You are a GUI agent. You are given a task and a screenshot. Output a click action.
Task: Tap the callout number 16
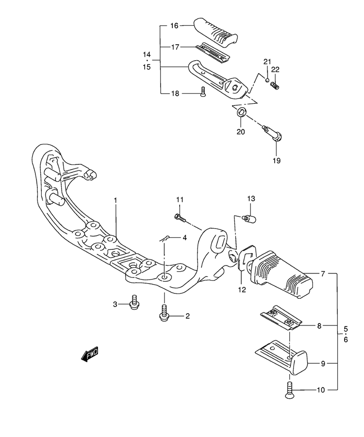point(174,26)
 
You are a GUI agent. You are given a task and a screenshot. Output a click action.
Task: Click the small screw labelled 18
point(203,92)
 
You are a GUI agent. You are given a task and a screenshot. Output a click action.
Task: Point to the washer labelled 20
point(242,112)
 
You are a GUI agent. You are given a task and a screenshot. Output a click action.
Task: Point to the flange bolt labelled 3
point(134,302)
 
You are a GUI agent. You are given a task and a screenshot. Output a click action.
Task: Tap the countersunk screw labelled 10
point(290,390)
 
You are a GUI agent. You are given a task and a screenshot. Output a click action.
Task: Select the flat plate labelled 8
point(281,317)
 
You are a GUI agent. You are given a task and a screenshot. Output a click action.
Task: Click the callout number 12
point(242,290)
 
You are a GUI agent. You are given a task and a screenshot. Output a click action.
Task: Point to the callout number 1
point(116,201)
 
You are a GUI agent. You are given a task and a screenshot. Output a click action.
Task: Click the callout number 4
point(184,238)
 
